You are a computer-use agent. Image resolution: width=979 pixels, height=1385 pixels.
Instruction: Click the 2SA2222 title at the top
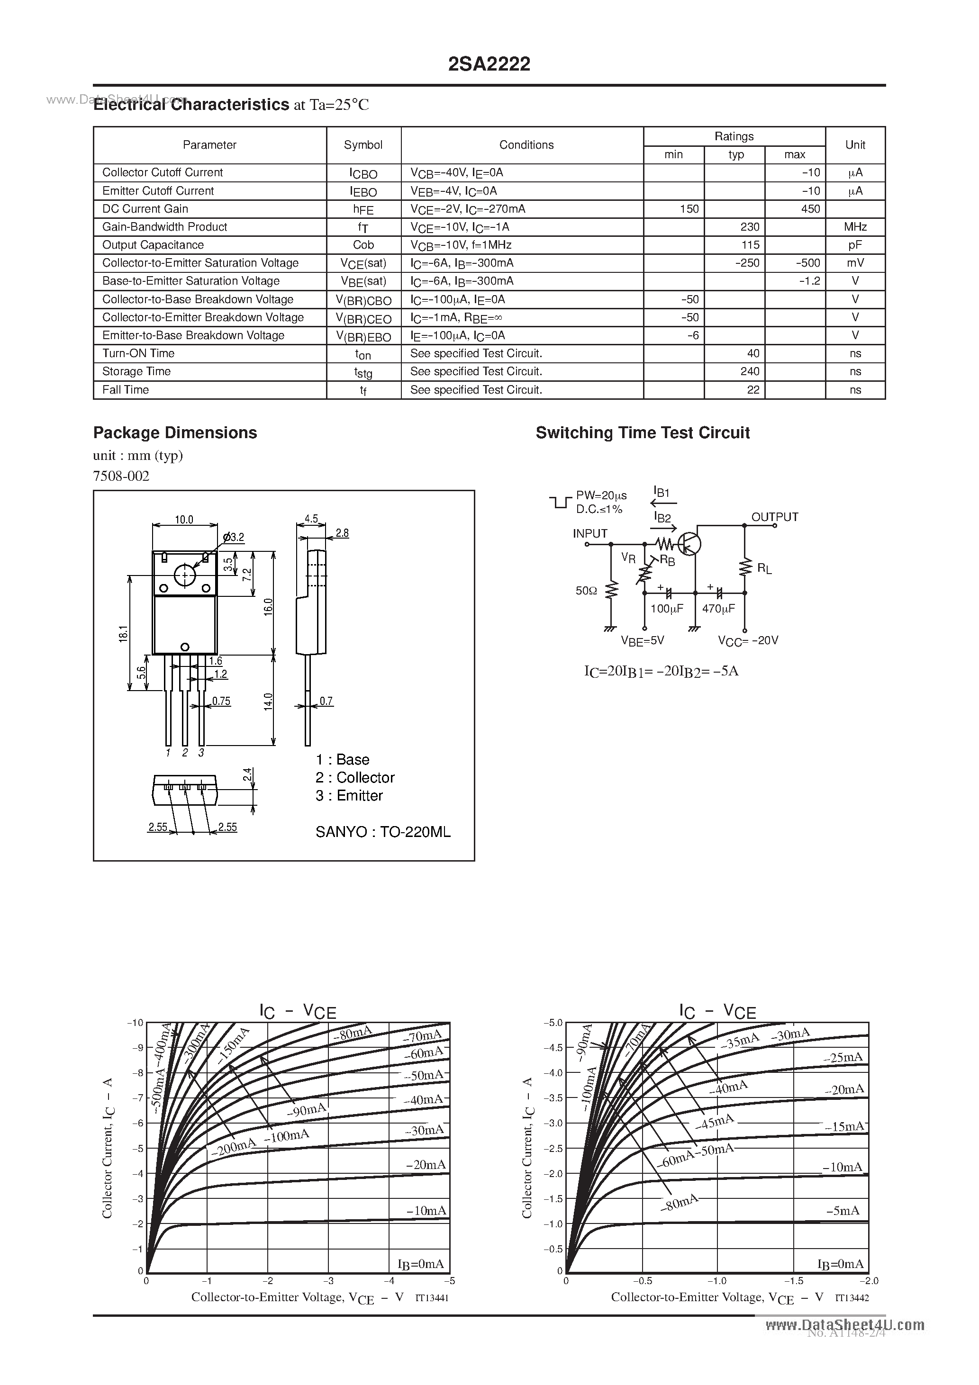coord(489,64)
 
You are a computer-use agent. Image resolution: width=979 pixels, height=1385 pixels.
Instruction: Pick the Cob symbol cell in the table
coord(363,245)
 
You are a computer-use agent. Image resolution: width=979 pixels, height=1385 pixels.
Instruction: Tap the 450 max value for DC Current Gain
coord(810,209)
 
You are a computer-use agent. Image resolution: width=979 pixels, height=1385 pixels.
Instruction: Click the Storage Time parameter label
coord(136,371)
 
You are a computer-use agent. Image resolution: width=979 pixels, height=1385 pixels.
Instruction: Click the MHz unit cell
coord(855,227)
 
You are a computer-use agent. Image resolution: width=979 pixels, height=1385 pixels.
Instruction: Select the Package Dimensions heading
coord(174,432)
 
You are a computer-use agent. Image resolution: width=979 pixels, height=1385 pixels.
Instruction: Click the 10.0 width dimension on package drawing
coord(183,519)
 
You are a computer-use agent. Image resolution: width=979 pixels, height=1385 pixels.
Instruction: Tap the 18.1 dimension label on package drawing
coord(123,633)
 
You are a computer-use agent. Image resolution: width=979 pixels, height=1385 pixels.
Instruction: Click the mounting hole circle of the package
coord(185,575)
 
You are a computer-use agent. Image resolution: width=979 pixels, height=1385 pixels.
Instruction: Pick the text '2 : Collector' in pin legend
coord(355,778)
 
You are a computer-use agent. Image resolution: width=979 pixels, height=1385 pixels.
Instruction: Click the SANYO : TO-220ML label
coord(383,832)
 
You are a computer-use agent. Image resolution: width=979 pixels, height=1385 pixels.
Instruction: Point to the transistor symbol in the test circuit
coord(688,543)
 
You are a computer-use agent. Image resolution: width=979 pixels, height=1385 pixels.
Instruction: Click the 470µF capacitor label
coord(718,609)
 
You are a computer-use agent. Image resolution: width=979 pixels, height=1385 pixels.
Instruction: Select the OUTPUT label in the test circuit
coord(774,517)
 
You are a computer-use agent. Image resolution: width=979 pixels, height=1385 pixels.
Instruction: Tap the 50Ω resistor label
coord(586,591)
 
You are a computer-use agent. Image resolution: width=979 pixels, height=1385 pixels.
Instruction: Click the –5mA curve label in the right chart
coord(842,1211)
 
